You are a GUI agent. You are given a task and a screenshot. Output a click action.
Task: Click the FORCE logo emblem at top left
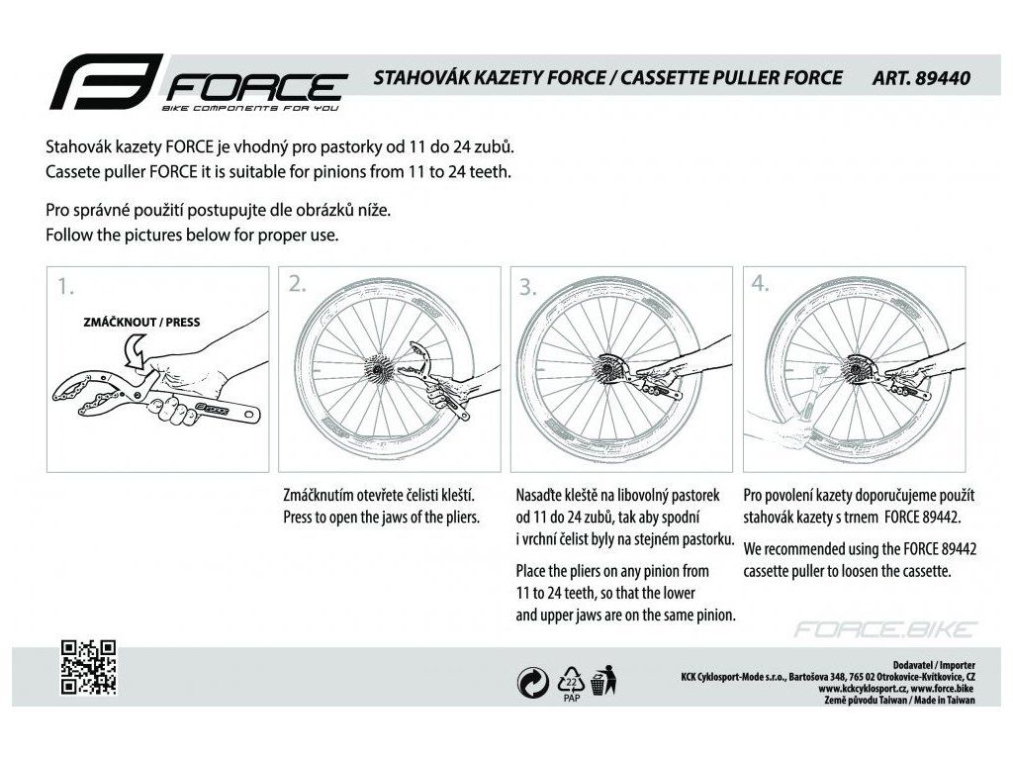103,82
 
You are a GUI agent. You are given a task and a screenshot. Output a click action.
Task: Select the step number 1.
65,287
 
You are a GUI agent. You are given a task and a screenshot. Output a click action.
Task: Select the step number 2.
297,285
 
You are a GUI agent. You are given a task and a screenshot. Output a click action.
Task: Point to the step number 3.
528,288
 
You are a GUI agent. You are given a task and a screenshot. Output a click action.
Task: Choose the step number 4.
760,285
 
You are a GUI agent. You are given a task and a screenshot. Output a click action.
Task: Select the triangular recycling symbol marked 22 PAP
570,680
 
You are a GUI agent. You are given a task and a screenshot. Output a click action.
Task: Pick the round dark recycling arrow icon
534,681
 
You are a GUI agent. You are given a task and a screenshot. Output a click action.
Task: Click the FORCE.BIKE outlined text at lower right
886,629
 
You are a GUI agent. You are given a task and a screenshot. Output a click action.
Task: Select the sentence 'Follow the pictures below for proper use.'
193,236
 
